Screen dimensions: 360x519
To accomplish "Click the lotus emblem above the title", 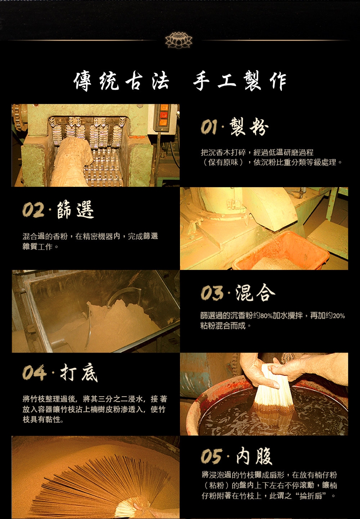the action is pos(178,40).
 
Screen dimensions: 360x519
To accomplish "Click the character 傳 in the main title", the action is pos(83,81).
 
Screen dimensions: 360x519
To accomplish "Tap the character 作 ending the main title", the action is pos(278,81).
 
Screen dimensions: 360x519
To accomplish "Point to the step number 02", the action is pos(33,210).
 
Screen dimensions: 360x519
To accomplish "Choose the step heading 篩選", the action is pos(75,210).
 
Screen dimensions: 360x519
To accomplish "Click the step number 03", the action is pos(211,292).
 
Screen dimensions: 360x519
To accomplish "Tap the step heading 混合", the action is pos(255,292).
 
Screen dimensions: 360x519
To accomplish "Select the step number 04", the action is pos(34,373).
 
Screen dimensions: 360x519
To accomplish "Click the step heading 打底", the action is pos(79,373).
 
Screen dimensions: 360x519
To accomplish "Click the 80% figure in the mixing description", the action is pos(266,316).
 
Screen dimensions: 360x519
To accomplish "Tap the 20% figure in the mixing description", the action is pos(339,316).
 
